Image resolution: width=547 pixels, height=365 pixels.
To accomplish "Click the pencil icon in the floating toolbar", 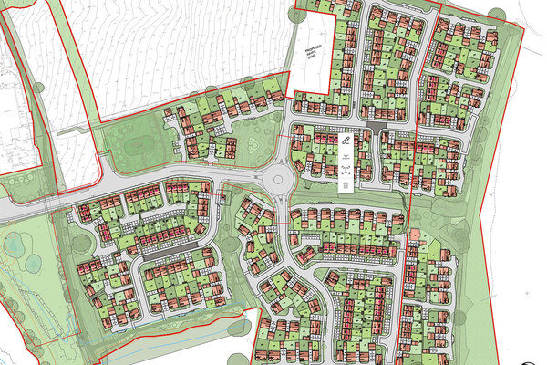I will (x=346, y=141).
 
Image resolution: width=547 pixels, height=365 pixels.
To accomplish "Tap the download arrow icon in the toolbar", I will (x=346, y=156).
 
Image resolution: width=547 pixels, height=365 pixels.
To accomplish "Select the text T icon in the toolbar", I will (x=346, y=171).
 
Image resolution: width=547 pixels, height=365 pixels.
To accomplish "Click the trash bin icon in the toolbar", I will (x=346, y=185).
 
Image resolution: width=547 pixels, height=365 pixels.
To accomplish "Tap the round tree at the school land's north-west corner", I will (x=294, y=18).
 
